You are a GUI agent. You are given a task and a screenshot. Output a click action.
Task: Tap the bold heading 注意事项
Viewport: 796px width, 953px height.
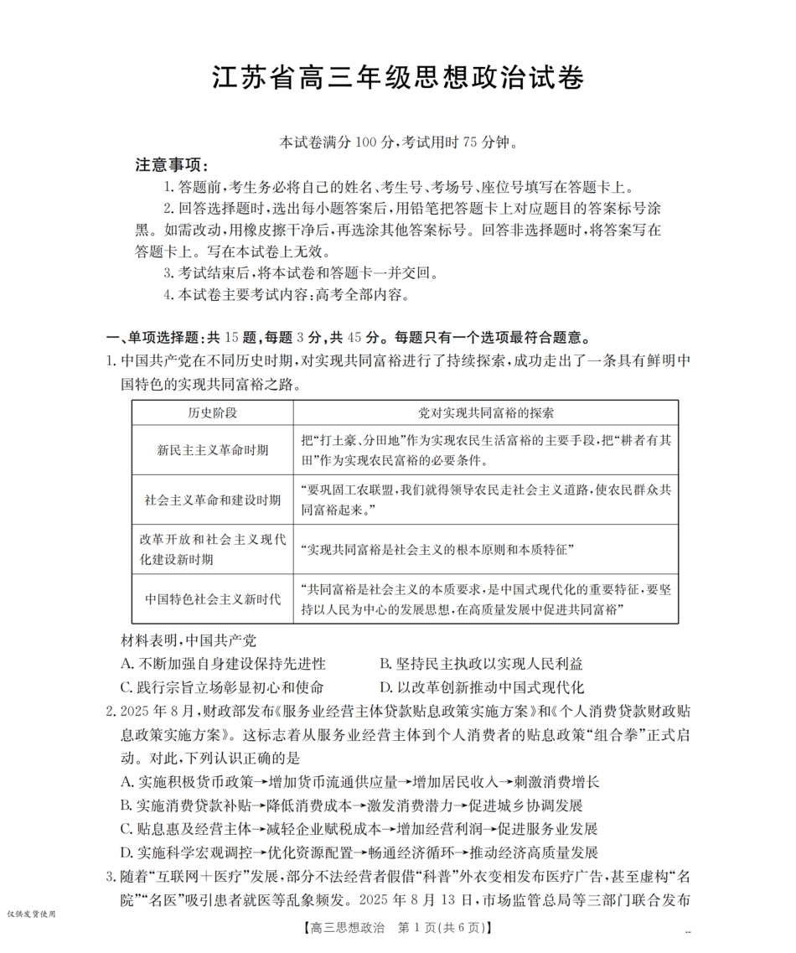[x=172, y=165]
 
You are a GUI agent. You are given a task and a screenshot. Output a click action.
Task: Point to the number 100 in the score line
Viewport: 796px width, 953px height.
[x=367, y=142]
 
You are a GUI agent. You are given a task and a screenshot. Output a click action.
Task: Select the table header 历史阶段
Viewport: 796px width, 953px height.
[x=212, y=413]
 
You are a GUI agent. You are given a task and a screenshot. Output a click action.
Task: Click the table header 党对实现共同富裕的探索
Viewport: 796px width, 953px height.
[x=485, y=413]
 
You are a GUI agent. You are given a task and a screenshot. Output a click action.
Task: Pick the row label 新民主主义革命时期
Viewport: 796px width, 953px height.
[x=212, y=450]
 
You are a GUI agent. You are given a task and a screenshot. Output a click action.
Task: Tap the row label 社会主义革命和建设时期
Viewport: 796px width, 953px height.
[x=212, y=500]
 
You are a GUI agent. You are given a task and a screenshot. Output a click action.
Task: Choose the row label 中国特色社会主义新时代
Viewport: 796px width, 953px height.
[x=212, y=599]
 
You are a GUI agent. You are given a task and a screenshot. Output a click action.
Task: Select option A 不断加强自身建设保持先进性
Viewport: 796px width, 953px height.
[x=223, y=664]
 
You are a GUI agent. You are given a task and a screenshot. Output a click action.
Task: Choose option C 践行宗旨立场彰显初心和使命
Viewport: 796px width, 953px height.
[x=222, y=687]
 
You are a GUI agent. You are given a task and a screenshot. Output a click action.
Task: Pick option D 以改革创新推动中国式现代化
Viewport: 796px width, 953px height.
[x=481, y=687]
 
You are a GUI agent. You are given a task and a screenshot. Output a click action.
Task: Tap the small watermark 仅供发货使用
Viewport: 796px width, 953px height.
[x=31, y=914]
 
